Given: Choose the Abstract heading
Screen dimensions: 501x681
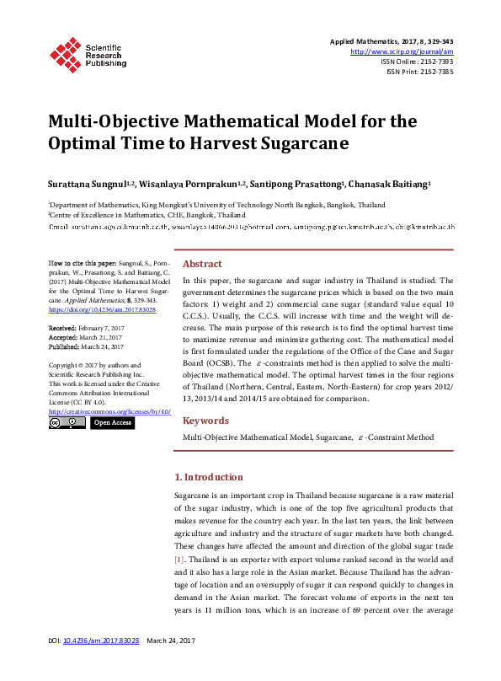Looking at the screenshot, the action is point(202,264).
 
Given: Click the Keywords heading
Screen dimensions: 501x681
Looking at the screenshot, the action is point(205,421).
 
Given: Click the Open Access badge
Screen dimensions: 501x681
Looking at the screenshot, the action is point(112,423).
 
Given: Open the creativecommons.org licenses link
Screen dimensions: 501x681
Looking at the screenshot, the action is point(109,412).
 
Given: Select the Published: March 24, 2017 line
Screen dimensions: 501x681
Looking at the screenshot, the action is point(86,346).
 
